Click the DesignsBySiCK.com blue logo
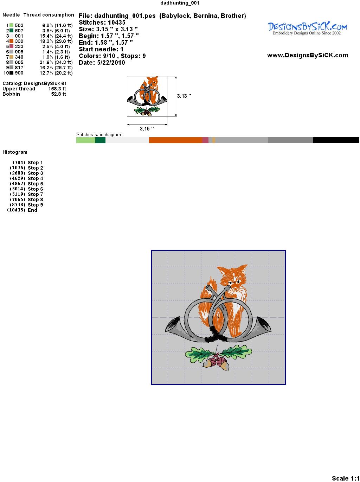307,28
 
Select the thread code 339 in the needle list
19,41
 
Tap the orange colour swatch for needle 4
11,41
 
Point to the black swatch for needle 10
11,73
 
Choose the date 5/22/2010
111,63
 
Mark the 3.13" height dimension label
184,96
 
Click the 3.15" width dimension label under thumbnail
147,129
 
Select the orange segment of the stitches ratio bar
175,140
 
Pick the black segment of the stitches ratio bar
336,140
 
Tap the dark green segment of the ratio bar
100,140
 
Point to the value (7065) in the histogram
18,199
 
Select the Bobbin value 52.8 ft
58,94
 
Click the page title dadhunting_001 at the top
180,3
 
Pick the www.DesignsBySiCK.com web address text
308,55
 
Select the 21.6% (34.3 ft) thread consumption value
56,62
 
